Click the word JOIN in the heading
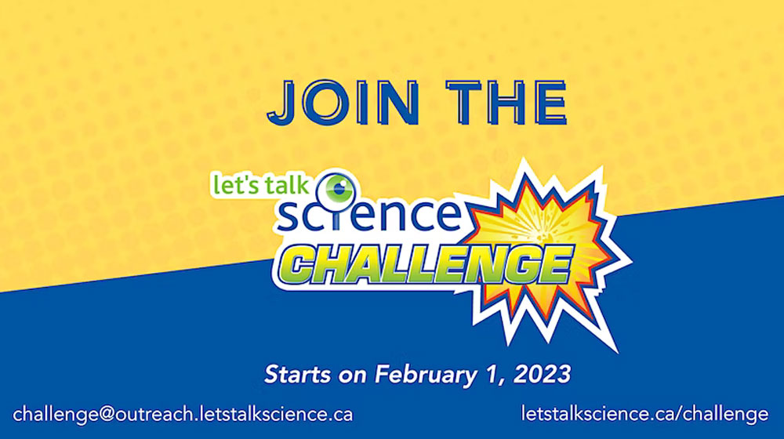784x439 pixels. pos(343,103)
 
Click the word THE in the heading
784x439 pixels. pos(506,103)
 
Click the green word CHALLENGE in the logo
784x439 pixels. pos(428,265)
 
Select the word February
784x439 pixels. pos(426,375)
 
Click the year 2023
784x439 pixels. pos(542,374)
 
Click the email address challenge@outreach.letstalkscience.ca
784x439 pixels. pos(183,415)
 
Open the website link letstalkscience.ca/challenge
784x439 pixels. pos(644,415)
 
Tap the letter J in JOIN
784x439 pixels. pos(281,103)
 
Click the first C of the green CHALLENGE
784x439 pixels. pos(303,266)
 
